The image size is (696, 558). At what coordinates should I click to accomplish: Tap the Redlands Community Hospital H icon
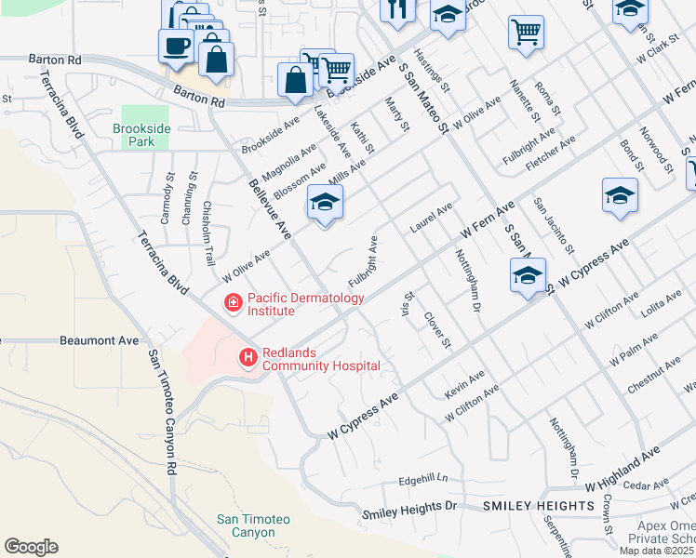coord(248,357)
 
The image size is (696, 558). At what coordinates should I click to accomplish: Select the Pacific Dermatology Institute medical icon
coord(232,302)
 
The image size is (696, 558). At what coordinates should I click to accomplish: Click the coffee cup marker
coord(175,45)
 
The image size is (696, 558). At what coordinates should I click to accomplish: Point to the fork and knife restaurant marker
coord(397,10)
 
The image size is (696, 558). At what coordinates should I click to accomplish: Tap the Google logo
coord(31,547)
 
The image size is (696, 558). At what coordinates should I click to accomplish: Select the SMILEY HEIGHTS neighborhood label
coord(539,505)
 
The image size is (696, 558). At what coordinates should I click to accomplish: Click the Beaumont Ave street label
coord(99,341)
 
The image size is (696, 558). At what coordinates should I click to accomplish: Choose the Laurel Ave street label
coord(431,218)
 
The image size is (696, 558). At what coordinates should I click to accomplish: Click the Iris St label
coord(406,304)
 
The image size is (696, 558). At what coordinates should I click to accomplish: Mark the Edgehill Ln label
coord(422,480)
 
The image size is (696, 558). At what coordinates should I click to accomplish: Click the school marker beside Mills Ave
coord(325,202)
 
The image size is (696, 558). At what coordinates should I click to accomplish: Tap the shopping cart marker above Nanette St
coord(526,32)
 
